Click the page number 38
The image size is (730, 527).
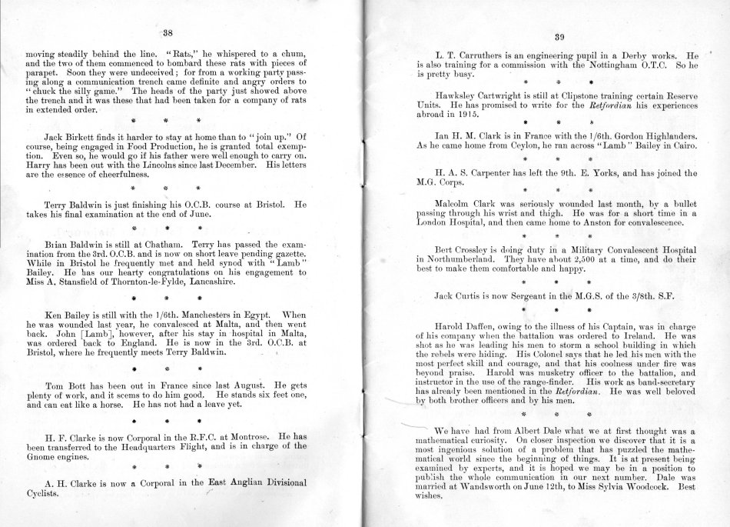pyautogui.click(x=168, y=33)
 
